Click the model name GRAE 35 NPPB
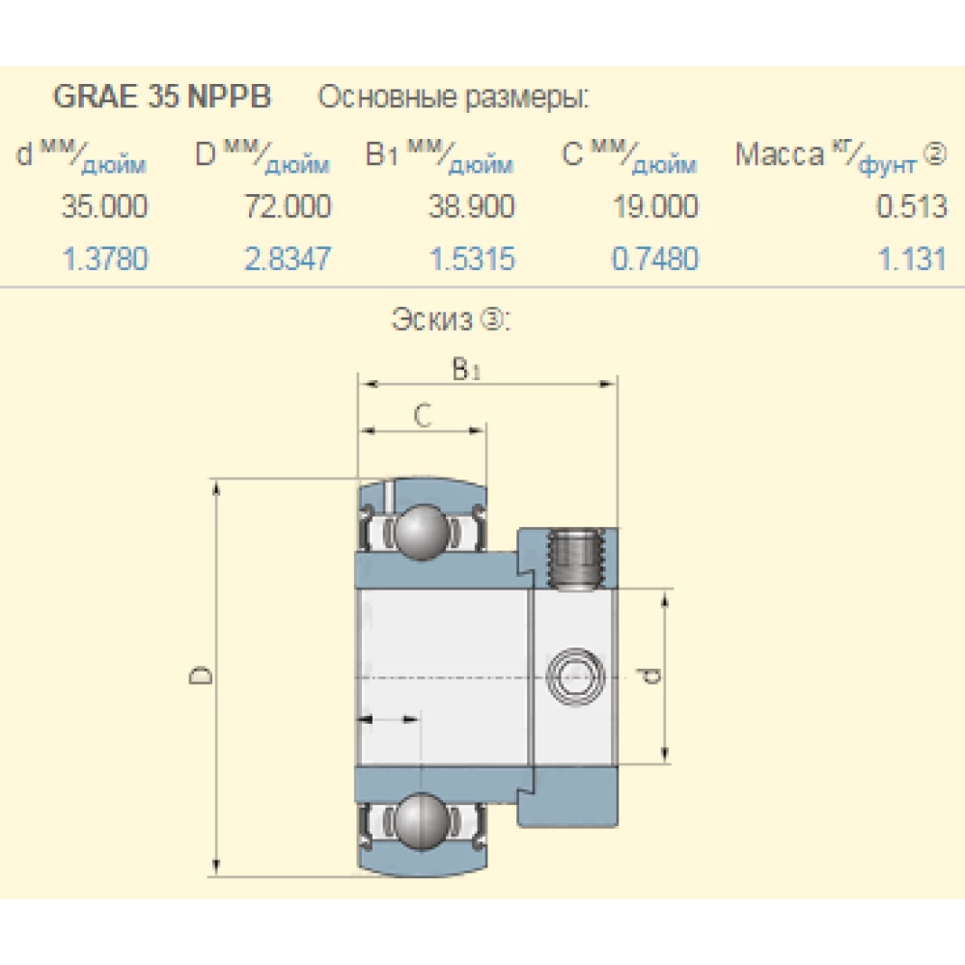[162, 97]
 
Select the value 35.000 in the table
[104, 207]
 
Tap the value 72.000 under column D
[287, 207]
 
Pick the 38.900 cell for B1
[470, 207]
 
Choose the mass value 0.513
[912, 207]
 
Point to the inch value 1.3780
[105, 259]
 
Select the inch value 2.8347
[288, 259]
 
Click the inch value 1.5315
[471, 259]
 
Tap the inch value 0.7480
[654, 259]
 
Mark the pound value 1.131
[913, 259]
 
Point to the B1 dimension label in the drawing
[466, 369]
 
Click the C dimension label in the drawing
[422, 415]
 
